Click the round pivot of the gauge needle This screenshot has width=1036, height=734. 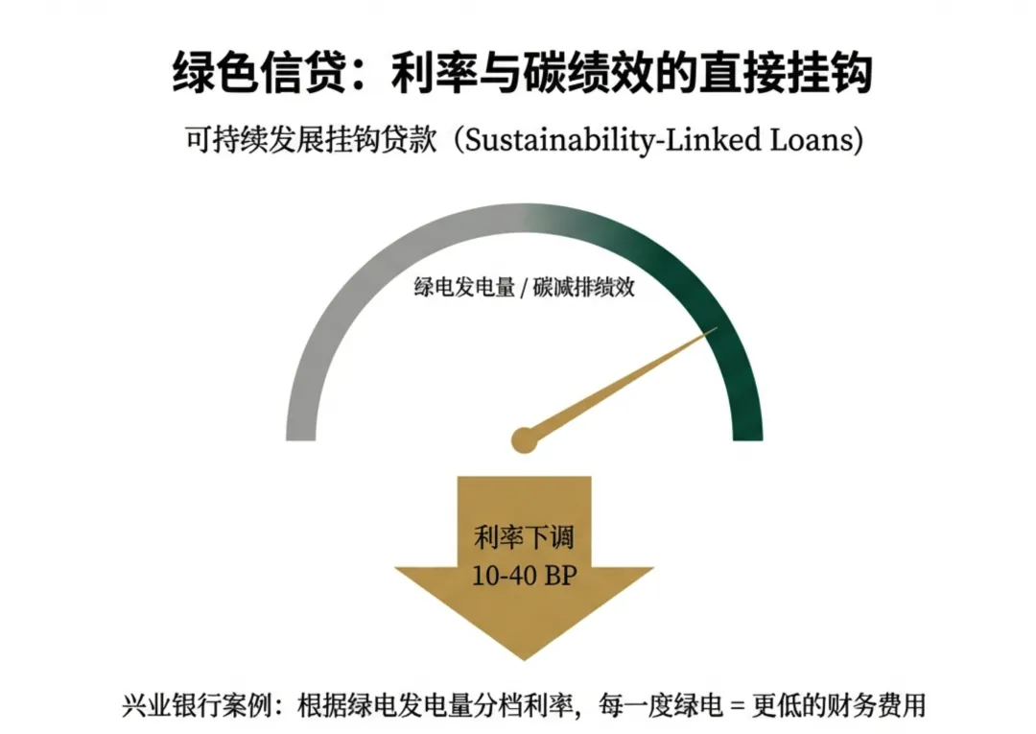pos(523,439)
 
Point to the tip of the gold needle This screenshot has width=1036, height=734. pos(715,330)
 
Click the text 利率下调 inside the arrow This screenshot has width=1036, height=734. pos(524,536)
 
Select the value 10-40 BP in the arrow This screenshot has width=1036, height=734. pos(524,577)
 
